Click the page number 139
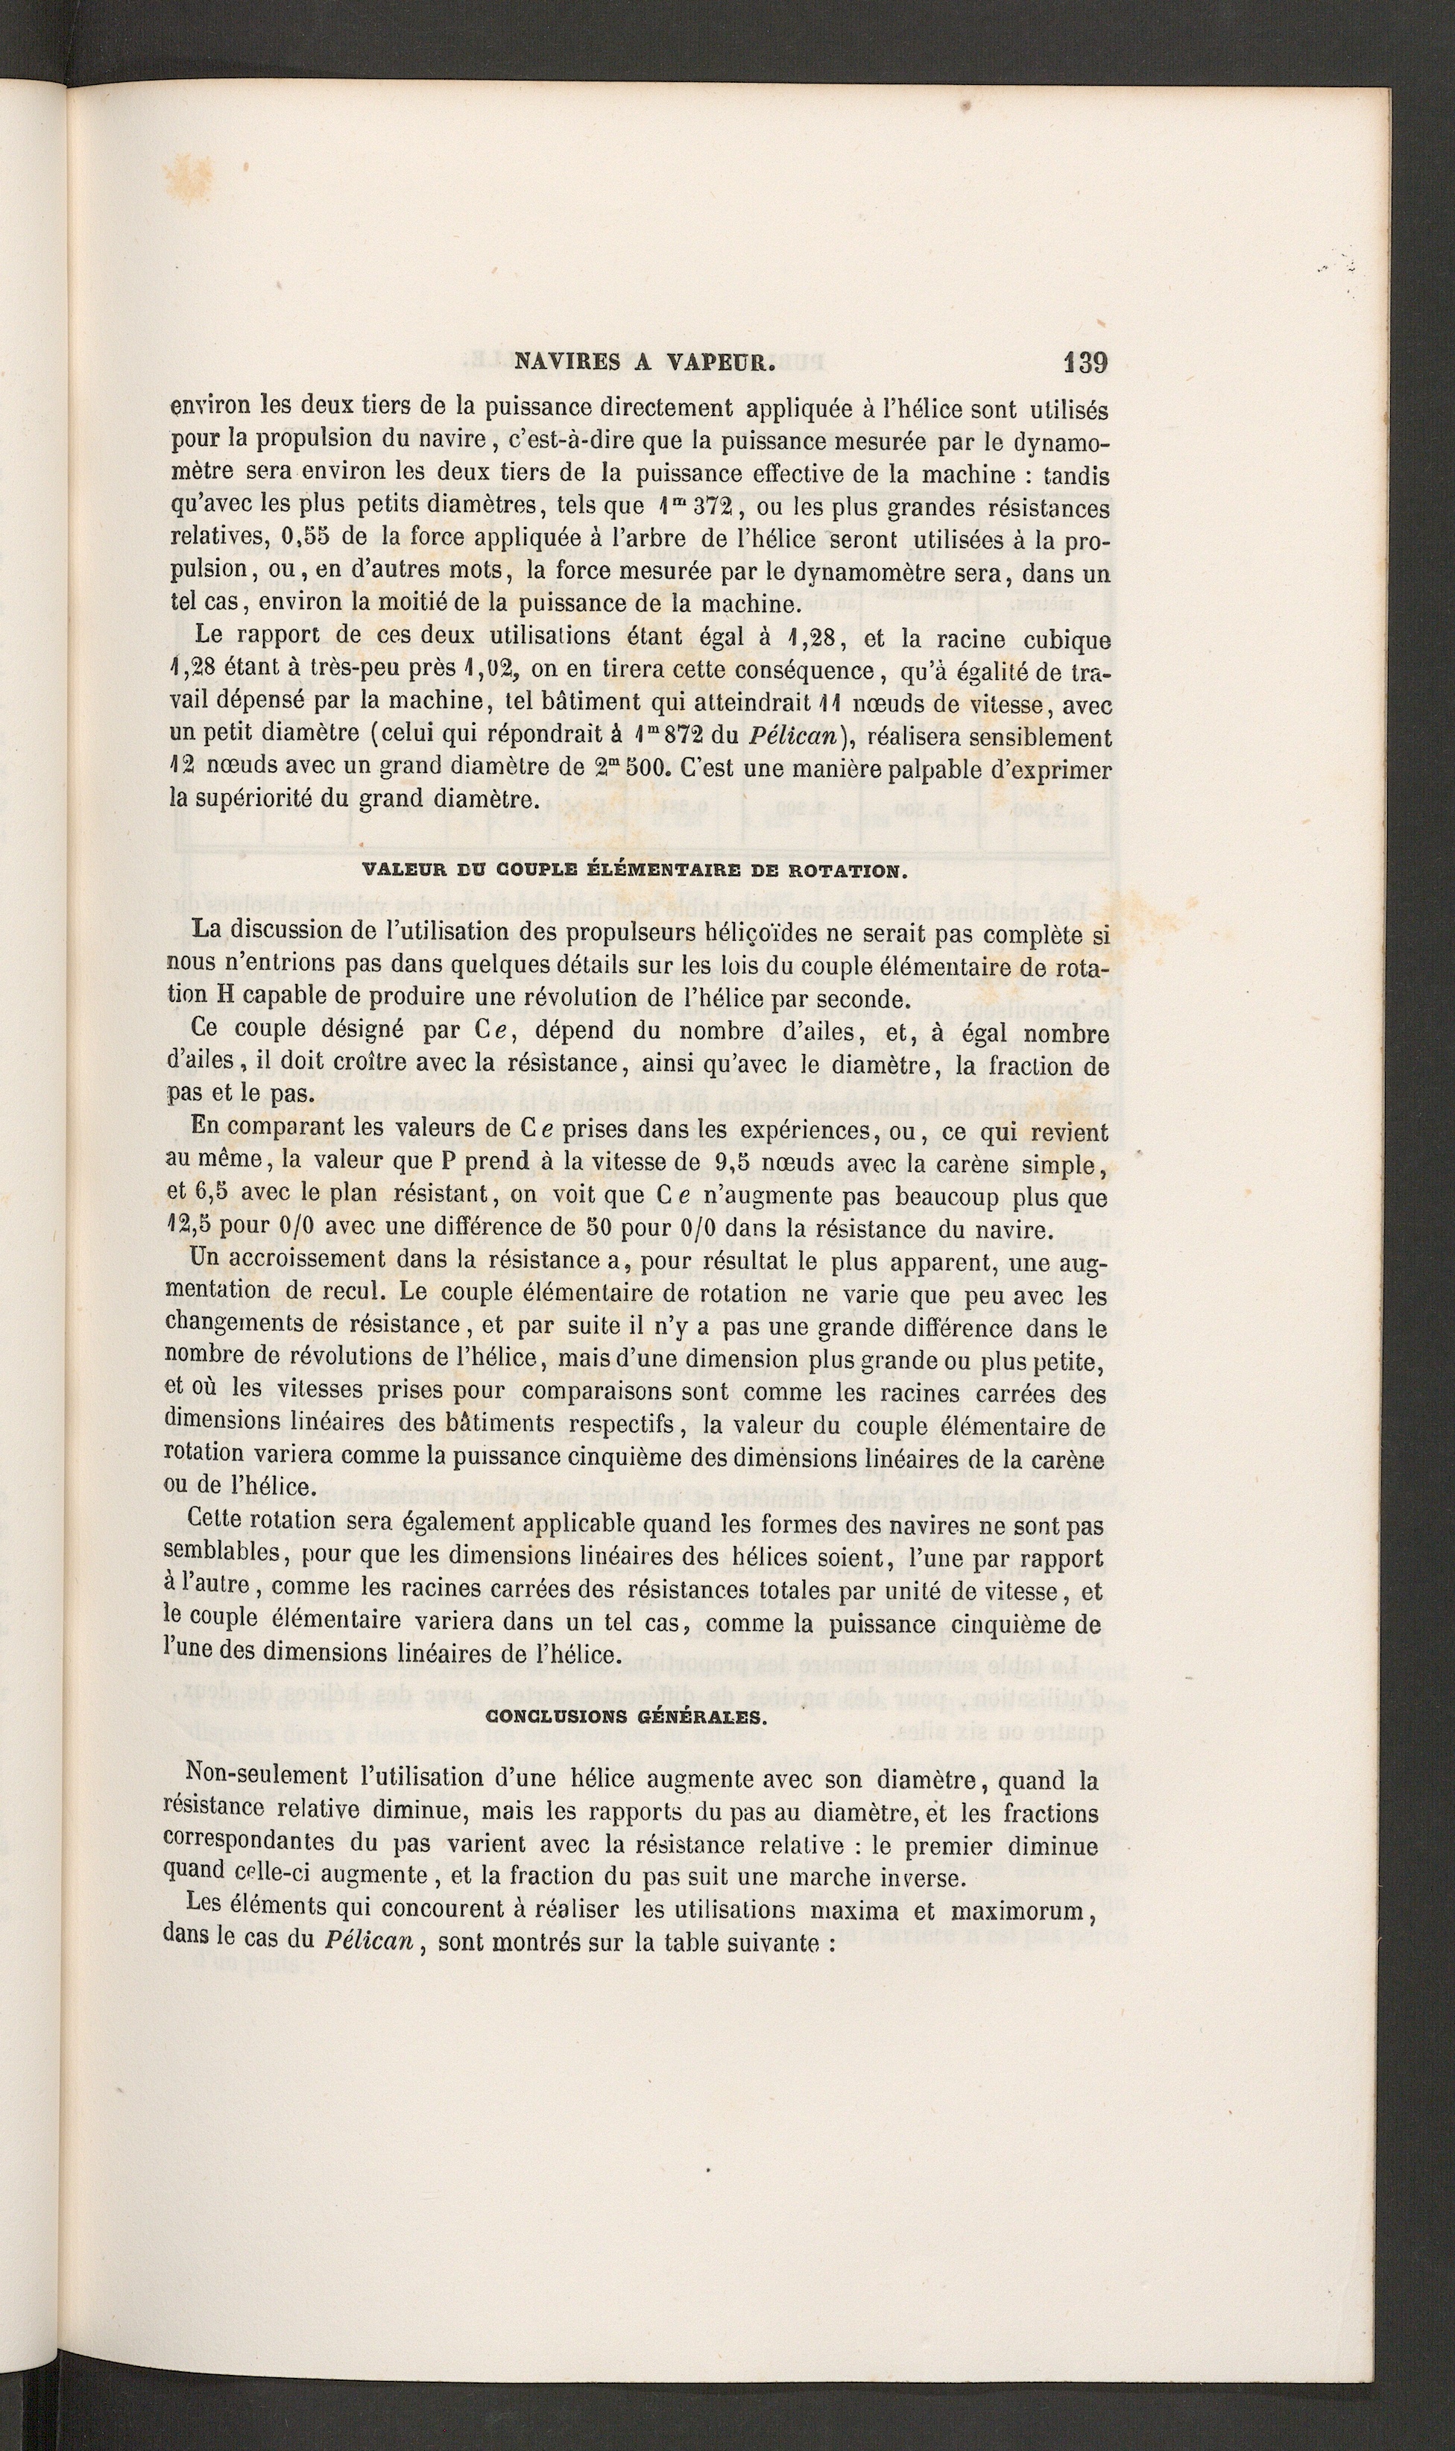tap(1085, 363)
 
